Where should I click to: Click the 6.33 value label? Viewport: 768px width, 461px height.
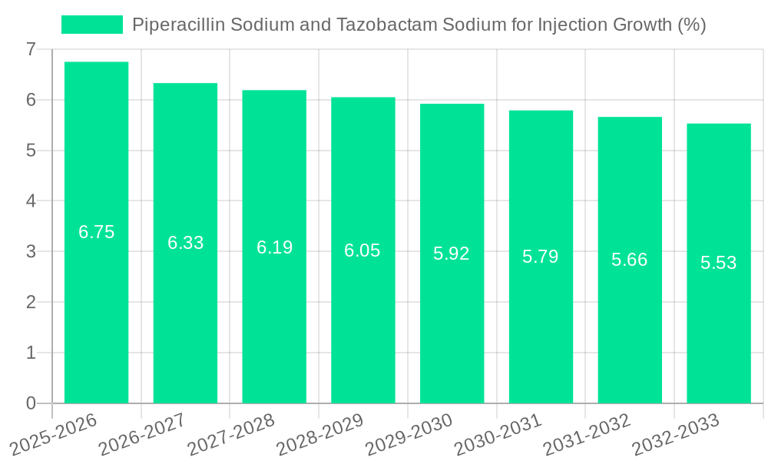click(185, 243)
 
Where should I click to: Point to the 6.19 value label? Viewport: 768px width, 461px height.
click(274, 247)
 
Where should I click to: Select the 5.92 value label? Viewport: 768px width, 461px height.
click(452, 254)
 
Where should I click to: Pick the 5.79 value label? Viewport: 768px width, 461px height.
click(541, 257)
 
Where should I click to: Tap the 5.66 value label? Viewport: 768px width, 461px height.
click(630, 260)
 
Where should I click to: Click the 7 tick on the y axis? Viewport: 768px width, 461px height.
click(31, 49)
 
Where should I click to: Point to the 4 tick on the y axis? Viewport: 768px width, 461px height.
click(31, 201)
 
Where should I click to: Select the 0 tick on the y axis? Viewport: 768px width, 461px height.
click(31, 403)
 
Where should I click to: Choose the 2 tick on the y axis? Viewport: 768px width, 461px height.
click(31, 302)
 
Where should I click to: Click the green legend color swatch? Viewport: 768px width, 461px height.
click(92, 25)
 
